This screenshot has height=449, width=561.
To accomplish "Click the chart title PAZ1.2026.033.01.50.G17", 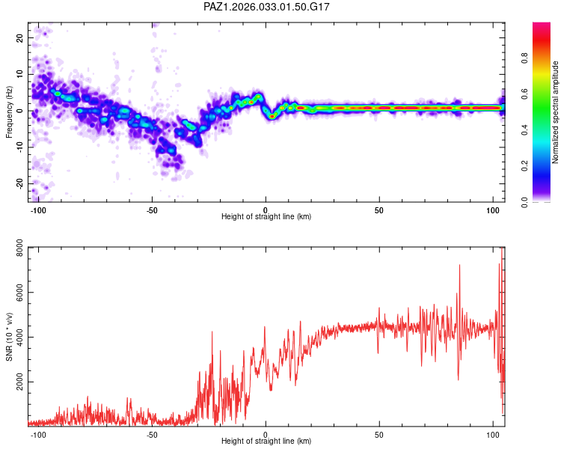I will [266, 7].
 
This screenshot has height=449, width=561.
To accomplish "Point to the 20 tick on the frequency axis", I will [20, 37].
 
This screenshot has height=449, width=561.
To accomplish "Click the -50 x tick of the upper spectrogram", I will [152, 209].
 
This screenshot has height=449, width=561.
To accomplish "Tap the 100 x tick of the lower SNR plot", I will [492, 434].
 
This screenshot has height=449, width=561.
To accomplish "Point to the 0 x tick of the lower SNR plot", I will [266, 434].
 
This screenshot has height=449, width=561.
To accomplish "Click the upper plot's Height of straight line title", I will [266, 217].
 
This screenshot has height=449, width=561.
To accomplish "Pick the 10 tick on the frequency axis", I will [20, 74].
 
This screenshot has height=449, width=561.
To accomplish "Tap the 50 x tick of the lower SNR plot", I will [379, 434].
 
